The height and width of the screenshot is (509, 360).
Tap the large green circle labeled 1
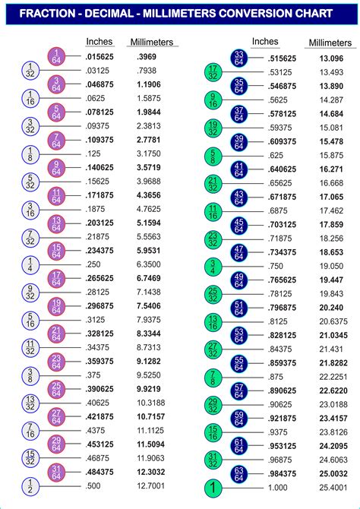click(213, 487)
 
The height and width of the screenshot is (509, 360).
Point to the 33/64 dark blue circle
click(238, 58)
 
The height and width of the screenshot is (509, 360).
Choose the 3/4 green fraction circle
click(213, 266)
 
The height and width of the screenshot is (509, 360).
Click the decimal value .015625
click(101, 58)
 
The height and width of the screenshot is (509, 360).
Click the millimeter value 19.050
click(332, 266)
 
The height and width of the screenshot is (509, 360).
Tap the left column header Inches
click(99, 42)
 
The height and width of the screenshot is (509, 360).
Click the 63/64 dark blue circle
click(238, 473)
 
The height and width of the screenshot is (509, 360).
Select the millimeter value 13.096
click(332, 58)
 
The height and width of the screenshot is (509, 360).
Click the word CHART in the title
click(311, 14)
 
